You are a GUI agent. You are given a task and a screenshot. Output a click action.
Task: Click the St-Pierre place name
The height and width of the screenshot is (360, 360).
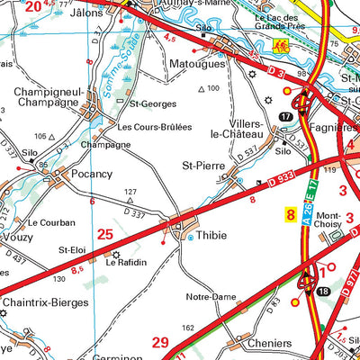(202, 165)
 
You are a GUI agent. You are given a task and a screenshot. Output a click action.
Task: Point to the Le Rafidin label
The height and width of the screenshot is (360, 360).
(126, 263)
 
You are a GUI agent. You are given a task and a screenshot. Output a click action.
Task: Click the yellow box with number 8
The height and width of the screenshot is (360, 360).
(289, 215)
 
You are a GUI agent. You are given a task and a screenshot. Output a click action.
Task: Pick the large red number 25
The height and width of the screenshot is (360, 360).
(105, 234)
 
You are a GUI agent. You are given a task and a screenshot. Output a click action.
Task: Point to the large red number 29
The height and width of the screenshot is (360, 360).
(160, 341)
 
